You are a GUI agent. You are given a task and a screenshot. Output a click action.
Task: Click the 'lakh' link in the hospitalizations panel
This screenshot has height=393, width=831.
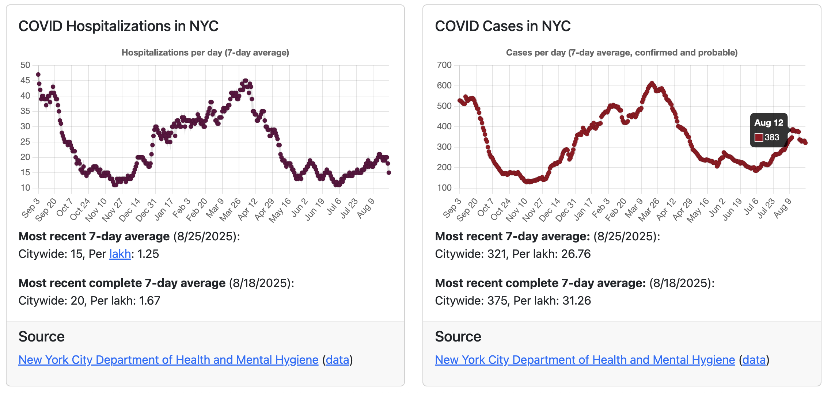coord(120,254)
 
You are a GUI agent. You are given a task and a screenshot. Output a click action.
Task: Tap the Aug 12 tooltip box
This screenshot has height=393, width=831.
coord(769,130)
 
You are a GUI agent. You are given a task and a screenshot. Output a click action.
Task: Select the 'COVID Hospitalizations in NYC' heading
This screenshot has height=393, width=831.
coord(118,26)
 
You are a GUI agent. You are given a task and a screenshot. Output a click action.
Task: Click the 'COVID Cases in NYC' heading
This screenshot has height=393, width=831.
coord(502,26)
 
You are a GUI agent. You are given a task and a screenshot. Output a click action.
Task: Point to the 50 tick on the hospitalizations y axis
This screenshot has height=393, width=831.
coord(25,65)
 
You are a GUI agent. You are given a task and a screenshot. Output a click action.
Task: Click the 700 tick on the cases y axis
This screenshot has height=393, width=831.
coord(444,65)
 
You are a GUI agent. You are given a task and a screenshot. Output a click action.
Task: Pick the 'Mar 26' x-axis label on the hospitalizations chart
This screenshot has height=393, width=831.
coord(231,210)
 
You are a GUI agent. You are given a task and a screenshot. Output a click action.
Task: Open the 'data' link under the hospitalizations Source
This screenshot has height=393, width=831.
coord(337,360)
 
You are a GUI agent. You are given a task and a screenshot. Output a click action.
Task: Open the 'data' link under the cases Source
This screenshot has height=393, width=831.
coord(754,360)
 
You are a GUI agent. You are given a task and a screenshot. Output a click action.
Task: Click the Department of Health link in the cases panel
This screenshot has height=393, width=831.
coord(585,360)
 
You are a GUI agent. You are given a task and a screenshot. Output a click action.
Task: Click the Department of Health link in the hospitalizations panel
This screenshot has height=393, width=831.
coord(168,360)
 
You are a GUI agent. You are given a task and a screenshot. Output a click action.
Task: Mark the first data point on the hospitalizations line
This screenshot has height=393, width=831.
coord(38,75)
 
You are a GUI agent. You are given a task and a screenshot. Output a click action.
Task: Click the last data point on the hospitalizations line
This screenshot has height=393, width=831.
coord(389,172)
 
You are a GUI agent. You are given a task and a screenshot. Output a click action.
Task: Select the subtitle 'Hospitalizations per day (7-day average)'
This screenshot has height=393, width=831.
coord(205,53)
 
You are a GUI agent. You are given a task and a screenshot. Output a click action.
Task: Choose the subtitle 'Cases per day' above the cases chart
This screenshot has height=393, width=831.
coord(621,53)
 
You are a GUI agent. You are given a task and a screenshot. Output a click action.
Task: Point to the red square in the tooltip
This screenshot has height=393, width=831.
coord(759,138)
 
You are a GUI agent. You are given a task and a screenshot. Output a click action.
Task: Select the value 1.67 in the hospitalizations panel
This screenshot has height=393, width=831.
coord(150,301)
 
